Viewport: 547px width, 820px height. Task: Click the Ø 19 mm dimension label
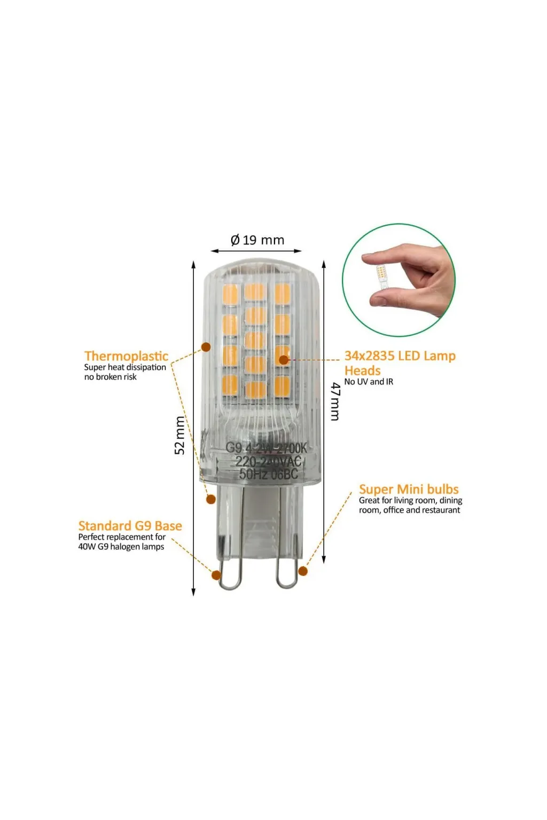(257, 240)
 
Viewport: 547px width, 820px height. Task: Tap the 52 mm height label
(180, 435)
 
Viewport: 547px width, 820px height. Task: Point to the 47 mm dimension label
(335, 401)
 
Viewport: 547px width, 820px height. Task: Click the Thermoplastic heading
(126, 356)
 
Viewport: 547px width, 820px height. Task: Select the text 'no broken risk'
(110, 377)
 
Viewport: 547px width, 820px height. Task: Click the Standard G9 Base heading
(130, 526)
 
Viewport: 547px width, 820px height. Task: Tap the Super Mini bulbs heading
(409, 489)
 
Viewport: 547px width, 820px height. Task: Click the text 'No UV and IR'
(369, 382)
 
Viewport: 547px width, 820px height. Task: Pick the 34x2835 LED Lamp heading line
(400, 356)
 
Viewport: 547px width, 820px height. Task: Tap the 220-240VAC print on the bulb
(268, 461)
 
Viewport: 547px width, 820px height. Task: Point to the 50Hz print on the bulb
(253, 474)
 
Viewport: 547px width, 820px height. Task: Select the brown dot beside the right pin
(303, 571)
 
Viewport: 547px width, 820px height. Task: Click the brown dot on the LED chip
(284, 360)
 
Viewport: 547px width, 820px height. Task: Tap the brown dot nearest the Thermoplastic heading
(206, 347)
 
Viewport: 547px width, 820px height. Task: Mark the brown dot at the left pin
(216, 575)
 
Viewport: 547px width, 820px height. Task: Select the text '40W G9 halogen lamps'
(121, 547)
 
